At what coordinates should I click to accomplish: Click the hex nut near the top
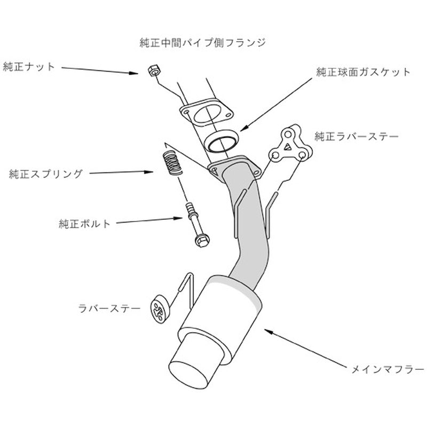[x=154, y=71]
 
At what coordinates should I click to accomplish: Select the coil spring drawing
[x=172, y=163]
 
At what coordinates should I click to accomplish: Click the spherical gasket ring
[x=221, y=142]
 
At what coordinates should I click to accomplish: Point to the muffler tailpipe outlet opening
[x=188, y=375]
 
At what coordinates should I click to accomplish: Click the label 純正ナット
[x=29, y=67]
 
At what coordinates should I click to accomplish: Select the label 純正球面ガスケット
[x=363, y=72]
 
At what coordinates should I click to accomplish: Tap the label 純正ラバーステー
[x=357, y=137]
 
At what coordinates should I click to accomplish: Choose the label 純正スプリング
[x=45, y=174]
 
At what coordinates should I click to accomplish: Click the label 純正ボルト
[x=84, y=224]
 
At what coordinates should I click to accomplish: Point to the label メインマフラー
[x=388, y=369]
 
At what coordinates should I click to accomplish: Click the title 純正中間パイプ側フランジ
[x=203, y=43]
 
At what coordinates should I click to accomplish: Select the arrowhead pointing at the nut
[x=134, y=73]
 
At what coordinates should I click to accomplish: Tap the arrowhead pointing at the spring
[x=149, y=172]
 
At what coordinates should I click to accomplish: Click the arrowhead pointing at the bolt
[x=178, y=218]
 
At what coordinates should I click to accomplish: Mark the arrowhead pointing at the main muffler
[x=269, y=331]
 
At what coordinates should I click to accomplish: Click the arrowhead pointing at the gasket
[x=244, y=128]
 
